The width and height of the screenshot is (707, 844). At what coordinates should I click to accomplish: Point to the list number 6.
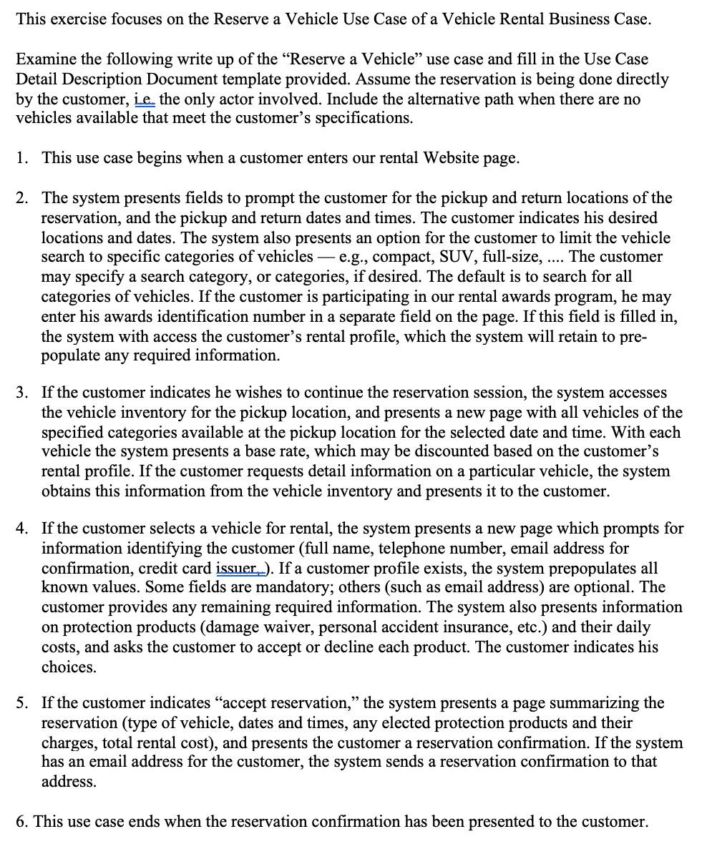[21, 821]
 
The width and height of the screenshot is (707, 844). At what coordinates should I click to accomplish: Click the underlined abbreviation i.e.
[145, 99]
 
